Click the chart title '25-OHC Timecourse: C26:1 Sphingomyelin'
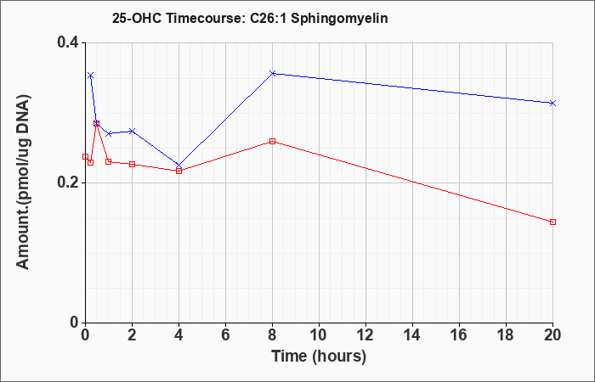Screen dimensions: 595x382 click(x=250, y=18)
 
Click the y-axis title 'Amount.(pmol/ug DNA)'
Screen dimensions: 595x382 click(x=23, y=182)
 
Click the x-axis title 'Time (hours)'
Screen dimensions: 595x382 click(x=319, y=357)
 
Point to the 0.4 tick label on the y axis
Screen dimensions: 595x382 click(x=67, y=42)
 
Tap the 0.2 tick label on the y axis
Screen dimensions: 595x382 click(x=67, y=183)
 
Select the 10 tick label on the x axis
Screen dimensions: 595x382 click(x=319, y=335)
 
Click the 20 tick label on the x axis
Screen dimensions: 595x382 click(x=552, y=335)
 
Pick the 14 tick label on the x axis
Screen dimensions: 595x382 click(x=412, y=335)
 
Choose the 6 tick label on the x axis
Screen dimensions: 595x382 click(x=225, y=335)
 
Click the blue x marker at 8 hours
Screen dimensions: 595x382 click(x=273, y=73)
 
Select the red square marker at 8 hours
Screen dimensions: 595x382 click(x=273, y=142)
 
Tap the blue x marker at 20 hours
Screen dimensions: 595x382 click(x=552, y=103)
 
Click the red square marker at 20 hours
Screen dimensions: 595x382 click(x=552, y=222)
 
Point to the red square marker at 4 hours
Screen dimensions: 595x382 click(x=178, y=171)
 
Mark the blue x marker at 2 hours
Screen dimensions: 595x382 click(x=132, y=131)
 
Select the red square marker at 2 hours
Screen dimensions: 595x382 click(x=132, y=164)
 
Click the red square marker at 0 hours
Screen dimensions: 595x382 click(x=85, y=156)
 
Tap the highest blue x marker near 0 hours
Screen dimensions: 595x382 click(x=90, y=76)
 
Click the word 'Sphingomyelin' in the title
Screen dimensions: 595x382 click(x=340, y=19)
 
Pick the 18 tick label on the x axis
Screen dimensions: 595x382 click(x=506, y=335)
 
